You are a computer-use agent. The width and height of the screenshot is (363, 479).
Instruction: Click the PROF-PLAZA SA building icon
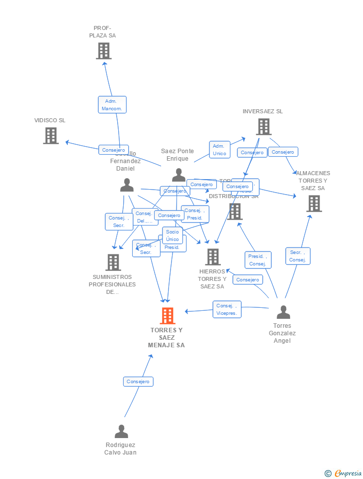click(x=103, y=51)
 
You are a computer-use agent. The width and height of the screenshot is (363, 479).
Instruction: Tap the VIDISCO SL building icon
click(x=50, y=136)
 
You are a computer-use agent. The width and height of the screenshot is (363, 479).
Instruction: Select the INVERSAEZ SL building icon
click(x=263, y=127)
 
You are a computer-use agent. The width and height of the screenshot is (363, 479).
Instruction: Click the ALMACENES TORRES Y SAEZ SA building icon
click(x=314, y=204)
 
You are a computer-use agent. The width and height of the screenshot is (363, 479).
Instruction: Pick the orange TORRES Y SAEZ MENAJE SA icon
click(x=168, y=316)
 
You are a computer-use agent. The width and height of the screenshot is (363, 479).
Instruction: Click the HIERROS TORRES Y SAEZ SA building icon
click(x=213, y=257)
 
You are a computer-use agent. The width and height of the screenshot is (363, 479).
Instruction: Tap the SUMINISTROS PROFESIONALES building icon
click(x=113, y=262)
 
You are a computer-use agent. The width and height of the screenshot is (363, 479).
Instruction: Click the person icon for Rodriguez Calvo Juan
click(x=121, y=432)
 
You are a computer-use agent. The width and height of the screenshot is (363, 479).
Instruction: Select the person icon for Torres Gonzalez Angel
click(x=283, y=313)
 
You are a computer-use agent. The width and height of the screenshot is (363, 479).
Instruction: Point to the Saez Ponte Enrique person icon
click(x=179, y=175)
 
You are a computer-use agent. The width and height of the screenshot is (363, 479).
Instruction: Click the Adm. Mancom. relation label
click(x=112, y=105)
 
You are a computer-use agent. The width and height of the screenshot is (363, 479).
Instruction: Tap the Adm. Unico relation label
click(x=219, y=150)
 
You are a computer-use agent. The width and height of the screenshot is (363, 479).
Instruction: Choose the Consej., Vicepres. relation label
click(x=227, y=309)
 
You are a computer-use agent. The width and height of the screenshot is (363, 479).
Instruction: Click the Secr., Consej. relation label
click(x=298, y=256)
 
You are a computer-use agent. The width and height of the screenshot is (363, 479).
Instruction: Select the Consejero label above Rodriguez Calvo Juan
click(x=138, y=382)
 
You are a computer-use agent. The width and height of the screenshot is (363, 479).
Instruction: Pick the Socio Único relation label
click(x=173, y=236)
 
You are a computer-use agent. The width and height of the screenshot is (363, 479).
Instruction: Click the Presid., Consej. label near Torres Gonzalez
click(x=258, y=260)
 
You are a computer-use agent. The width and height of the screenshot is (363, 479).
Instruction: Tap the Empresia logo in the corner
click(x=344, y=473)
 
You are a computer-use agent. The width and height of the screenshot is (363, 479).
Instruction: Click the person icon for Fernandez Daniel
click(x=127, y=186)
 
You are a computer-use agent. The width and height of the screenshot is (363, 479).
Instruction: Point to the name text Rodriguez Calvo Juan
click(x=121, y=449)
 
